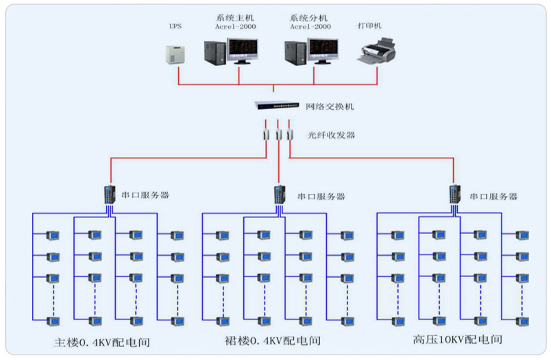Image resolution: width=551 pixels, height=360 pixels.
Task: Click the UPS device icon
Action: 176,54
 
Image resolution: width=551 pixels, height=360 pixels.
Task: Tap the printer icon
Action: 376,53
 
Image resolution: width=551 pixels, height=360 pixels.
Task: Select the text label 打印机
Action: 370,26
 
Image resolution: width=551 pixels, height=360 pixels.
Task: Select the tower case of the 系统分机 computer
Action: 295,53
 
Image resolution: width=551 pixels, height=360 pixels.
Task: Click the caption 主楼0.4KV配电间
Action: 101,341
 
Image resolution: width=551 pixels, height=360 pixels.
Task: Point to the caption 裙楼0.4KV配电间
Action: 273,340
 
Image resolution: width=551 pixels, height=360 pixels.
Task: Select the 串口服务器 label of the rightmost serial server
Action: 493,195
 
